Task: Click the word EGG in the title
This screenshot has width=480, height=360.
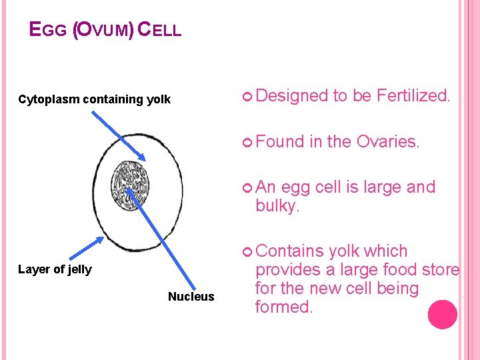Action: pyautogui.click(x=48, y=30)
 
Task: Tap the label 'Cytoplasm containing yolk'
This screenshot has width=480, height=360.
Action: pyautogui.click(x=94, y=100)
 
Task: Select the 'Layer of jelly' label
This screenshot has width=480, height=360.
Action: pyautogui.click(x=55, y=269)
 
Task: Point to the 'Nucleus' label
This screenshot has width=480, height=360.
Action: pyautogui.click(x=191, y=297)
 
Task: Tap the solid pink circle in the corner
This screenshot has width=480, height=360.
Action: pyautogui.click(x=442, y=315)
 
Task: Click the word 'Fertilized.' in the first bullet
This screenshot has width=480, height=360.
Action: pyautogui.click(x=413, y=96)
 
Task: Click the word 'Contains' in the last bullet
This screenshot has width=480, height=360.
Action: pyautogui.click(x=285, y=251)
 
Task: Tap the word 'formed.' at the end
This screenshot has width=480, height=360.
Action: pyautogui.click(x=283, y=307)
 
